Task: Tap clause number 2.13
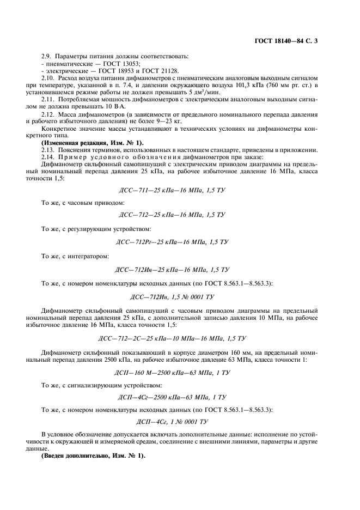(49, 149)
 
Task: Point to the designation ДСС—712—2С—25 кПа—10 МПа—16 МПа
(172, 338)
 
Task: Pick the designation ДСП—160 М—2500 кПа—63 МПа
(172, 373)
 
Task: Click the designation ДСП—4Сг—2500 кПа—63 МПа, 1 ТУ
(172, 397)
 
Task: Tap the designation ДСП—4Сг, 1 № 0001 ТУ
(172, 421)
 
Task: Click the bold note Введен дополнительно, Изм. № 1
(93, 456)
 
